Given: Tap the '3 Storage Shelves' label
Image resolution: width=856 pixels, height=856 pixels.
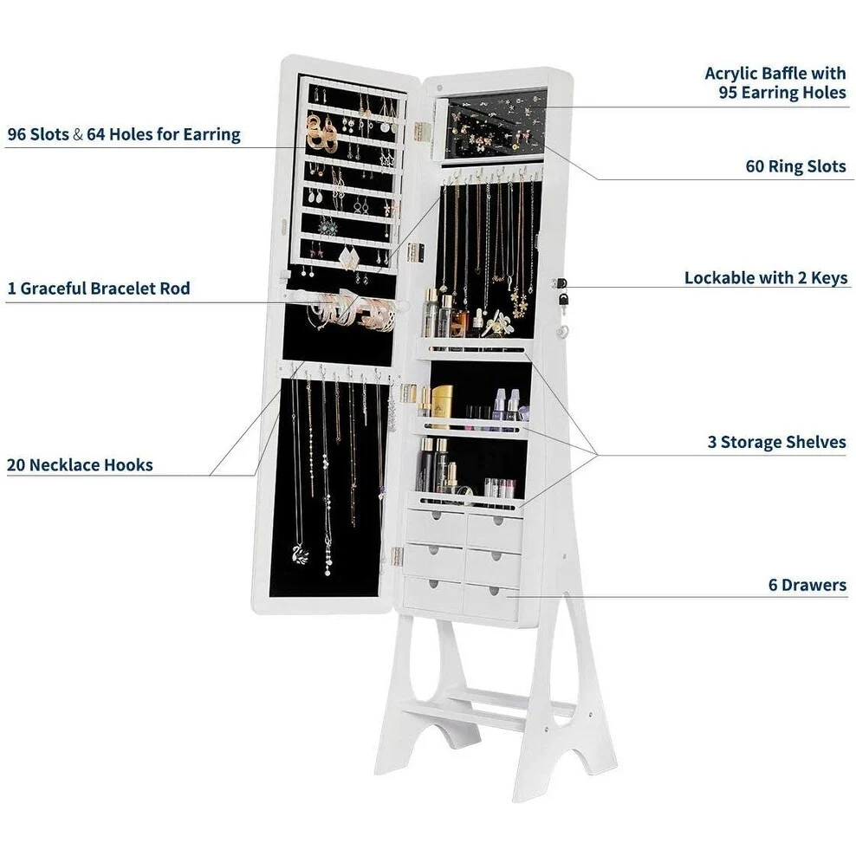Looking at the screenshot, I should coord(776,442).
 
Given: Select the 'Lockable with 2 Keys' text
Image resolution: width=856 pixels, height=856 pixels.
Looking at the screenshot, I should coord(766,278).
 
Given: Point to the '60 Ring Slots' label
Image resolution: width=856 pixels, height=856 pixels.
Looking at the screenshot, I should coord(795,166).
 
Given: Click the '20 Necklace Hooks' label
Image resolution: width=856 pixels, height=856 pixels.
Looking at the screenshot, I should coord(80,465).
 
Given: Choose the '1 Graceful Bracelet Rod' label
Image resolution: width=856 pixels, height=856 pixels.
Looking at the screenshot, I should coord(98,288).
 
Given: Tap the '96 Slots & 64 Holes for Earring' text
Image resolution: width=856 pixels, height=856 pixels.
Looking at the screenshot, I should coord(123,135).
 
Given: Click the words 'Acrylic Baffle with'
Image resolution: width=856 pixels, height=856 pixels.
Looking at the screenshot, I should coord(775,73).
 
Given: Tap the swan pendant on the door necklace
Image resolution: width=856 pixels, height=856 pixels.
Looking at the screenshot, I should coord(300,554).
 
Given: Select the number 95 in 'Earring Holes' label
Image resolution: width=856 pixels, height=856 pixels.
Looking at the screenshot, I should coord(730,92).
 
